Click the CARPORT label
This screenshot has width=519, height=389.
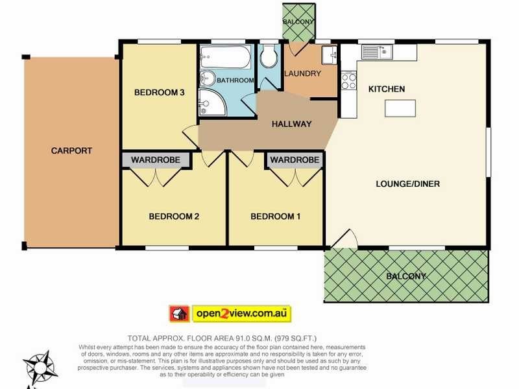click(x=71, y=151)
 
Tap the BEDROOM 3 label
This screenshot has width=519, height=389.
click(x=159, y=92)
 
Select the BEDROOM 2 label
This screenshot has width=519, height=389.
click(x=174, y=217)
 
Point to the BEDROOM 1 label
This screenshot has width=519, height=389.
click(x=275, y=217)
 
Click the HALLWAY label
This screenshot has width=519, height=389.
click(x=291, y=124)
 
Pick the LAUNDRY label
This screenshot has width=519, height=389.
click(x=303, y=73)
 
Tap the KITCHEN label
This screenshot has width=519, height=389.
click(x=387, y=89)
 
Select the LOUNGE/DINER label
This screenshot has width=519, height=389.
click(x=408, y=184)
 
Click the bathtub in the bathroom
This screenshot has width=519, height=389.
click(x=225, y=57)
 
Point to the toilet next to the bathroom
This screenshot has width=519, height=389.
click(x=269, y=56)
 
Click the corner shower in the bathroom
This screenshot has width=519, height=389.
click(x=212, y=102)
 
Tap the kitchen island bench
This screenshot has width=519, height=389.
click(x=400, y=108)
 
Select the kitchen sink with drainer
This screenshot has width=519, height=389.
click(x=378, y=52)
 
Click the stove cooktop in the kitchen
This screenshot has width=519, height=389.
click(x=349, y=81)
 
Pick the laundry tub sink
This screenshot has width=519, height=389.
click(x=329, y=54)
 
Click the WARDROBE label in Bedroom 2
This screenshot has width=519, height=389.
click(x=156, y=160)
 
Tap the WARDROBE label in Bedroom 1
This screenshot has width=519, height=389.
click(x=295, y=160)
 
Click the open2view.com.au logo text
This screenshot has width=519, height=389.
click(x=241, y=313)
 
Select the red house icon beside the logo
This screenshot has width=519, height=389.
click(x=179, y=313)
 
